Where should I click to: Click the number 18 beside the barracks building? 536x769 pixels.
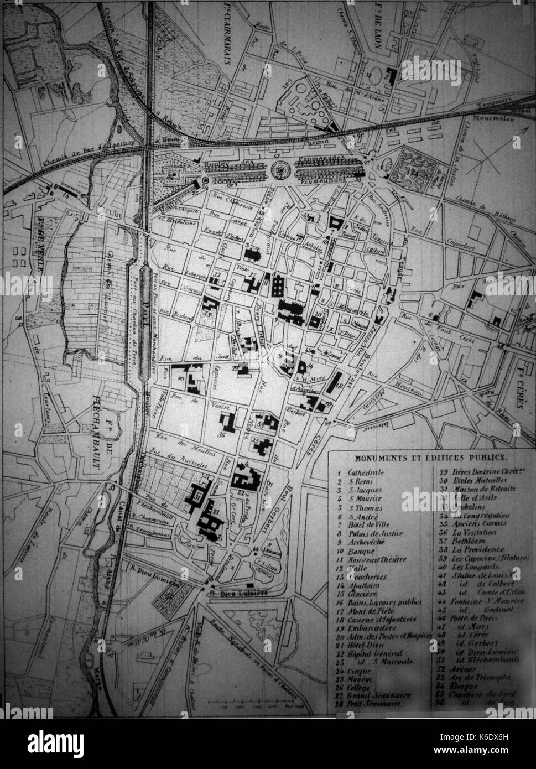339,386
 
